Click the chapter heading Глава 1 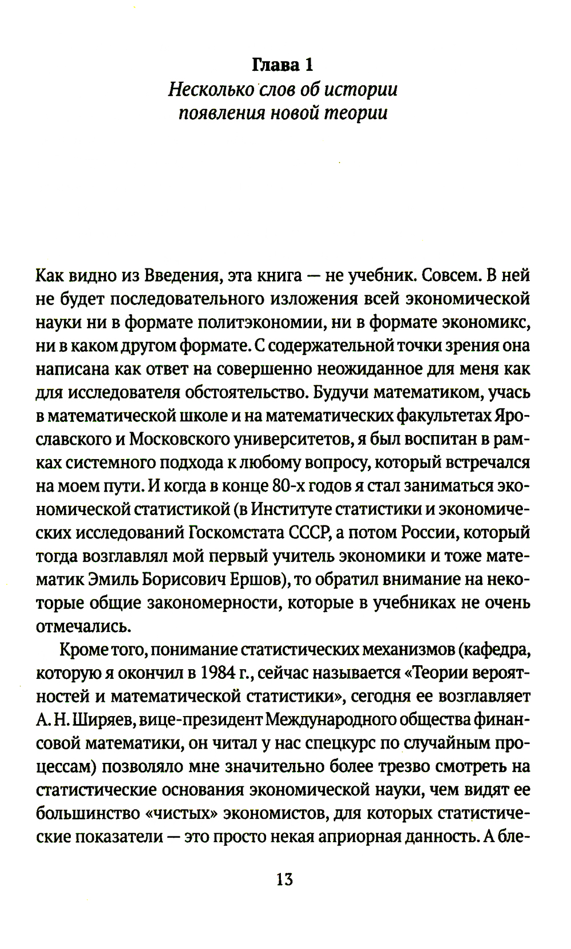(x=283, y=65)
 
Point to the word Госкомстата (x=236, y=533)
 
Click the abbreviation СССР (x=309, y=533)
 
